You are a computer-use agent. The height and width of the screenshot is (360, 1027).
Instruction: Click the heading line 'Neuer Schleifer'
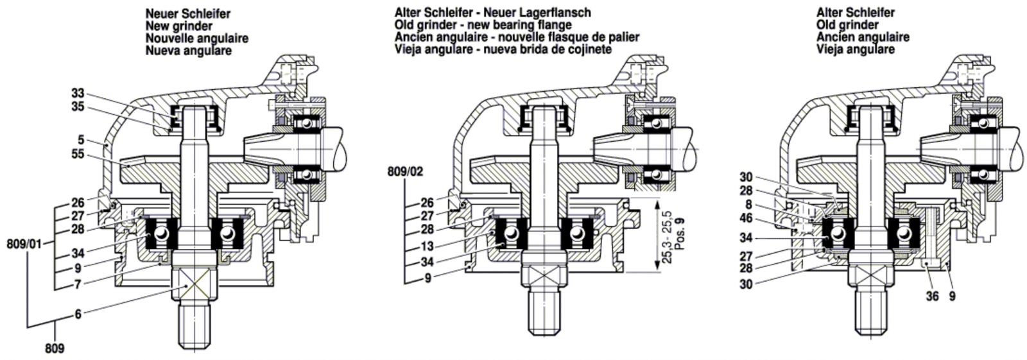point(188,13)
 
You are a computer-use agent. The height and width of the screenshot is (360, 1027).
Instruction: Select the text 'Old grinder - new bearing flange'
point(483,25)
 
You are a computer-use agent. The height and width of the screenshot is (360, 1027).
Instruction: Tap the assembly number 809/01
point(24,244)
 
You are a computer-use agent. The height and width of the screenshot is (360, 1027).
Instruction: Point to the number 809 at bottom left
point(55,349)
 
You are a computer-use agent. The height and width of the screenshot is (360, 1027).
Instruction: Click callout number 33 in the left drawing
point(78,94)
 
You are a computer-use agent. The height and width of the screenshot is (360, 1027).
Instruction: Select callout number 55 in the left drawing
point(78,154)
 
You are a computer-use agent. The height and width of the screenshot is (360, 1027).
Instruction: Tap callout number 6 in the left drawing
point(78,314)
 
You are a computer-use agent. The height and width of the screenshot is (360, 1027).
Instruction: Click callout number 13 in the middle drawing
point(427,246)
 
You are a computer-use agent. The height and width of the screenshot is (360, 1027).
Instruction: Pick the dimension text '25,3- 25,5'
point(668,237)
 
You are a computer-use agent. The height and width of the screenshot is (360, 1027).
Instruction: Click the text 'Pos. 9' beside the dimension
point(680,234)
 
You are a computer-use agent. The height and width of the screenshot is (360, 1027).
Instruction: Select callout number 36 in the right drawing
point(932,296)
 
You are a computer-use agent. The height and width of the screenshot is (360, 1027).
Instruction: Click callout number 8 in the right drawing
point(748,205)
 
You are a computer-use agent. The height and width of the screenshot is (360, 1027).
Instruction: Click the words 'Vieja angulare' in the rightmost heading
point(856,49)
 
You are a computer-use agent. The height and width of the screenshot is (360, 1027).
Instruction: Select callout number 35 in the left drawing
point(78,107)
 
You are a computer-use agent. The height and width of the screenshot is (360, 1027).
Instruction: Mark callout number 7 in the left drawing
point(78,284)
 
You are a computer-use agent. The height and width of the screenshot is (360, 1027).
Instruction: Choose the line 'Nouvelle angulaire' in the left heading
point(197,38)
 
